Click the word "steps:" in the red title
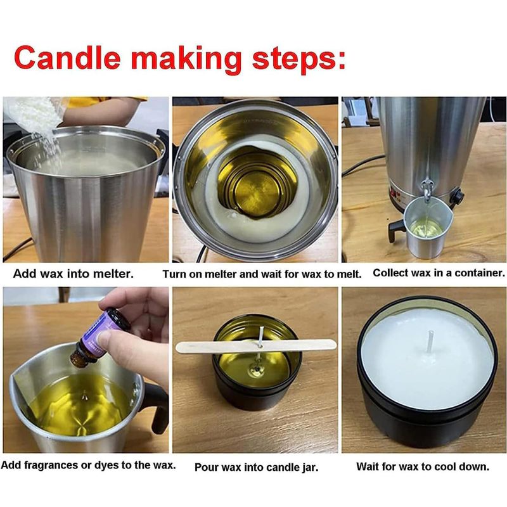[x=299, y=60]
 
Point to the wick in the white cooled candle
[x=430, y=342]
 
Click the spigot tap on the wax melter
[x=427, y=190]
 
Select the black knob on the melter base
[x=458, y=196]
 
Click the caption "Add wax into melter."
[x=74, y=274]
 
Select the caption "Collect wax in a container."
[x=439, y=273]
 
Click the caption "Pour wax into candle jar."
[x=257, y=467]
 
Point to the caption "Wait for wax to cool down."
[x=423, y=466]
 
